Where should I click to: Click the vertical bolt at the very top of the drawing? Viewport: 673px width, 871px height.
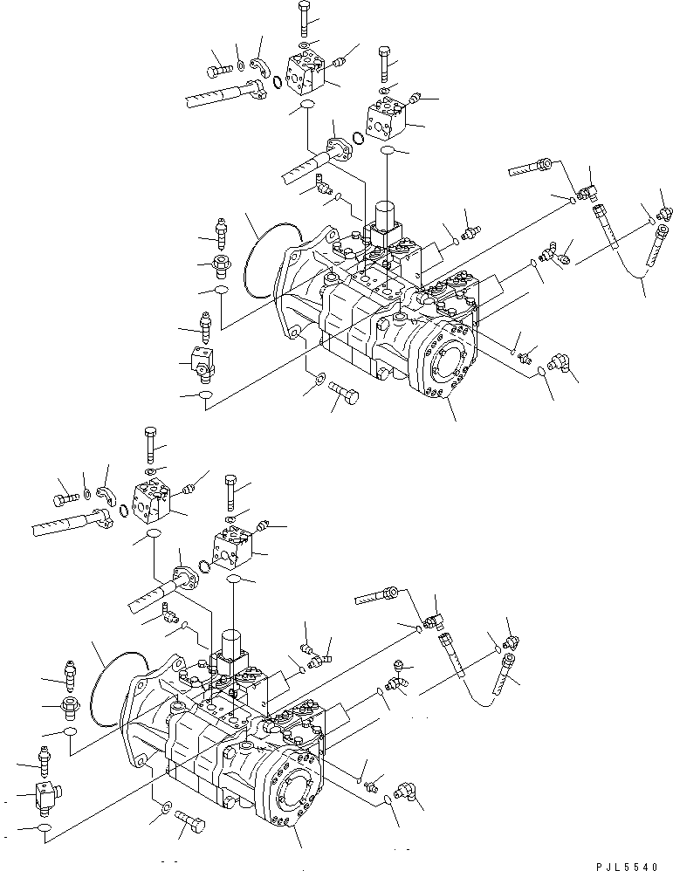click(302, 18)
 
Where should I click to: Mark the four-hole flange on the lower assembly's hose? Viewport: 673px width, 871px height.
click(186, 577)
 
